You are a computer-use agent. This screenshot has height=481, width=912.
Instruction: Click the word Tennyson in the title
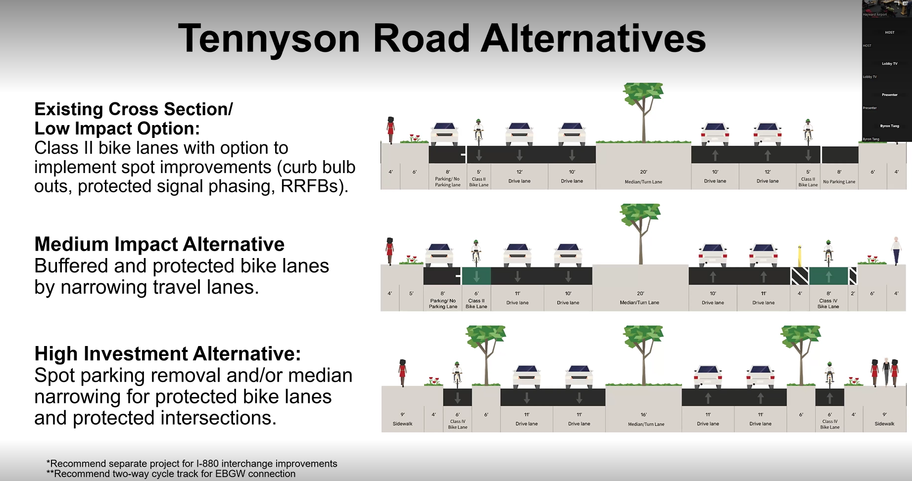point(269,39)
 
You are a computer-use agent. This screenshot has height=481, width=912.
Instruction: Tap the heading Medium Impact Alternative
point(159,244)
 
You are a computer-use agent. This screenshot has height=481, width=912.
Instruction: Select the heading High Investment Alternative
point(167,354)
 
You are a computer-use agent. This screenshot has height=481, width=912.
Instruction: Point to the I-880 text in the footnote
point(208,464)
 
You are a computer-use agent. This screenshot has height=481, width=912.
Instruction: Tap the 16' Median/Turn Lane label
point(646,420)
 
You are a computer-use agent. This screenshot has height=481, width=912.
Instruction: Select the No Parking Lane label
point(839,181)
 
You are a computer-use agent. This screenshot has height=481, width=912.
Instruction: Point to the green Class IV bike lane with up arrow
point(829,276)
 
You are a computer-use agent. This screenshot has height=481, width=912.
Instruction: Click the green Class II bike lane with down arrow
point(476,276)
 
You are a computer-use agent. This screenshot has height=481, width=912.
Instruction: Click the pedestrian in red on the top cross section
point(390,130)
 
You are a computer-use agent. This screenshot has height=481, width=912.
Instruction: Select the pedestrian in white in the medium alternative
point(896,250)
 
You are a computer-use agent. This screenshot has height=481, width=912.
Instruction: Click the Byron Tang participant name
point(889,126)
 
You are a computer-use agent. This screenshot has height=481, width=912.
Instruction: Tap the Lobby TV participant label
point(889,64)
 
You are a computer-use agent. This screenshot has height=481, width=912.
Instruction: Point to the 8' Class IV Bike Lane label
point(828,301)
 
